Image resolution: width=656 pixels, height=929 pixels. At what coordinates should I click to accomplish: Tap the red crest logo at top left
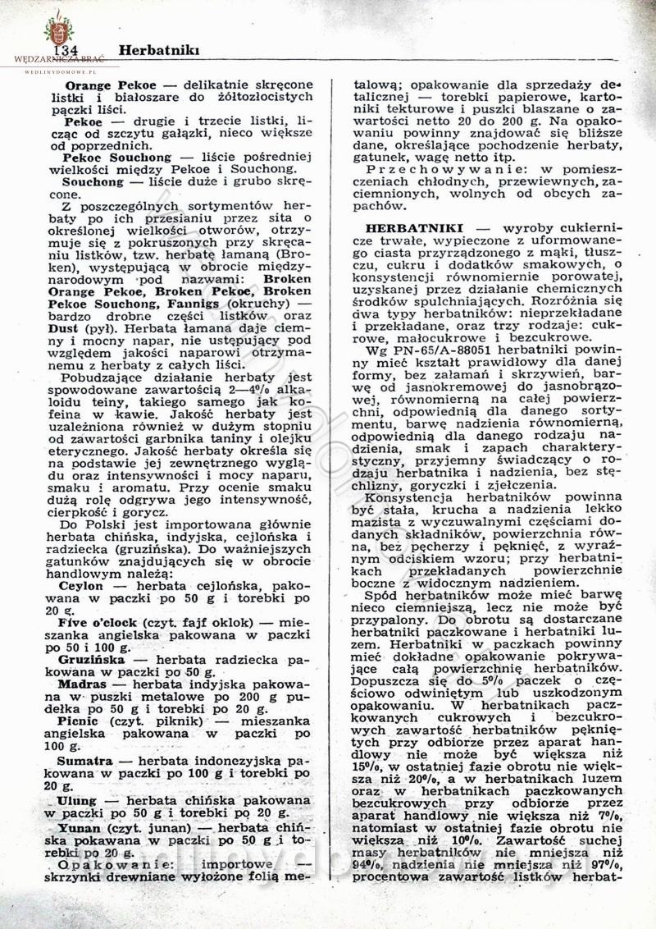click(x=58, y=30)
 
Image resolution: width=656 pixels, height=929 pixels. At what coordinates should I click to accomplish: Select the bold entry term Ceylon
click(x=80, y=588)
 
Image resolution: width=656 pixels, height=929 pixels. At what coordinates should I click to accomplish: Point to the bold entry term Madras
click(x=82, y=684)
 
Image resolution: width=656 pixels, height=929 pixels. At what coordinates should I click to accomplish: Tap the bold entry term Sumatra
click(x=84, y=761)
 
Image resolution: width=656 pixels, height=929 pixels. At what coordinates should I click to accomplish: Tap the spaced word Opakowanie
click(x=118, y=863)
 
